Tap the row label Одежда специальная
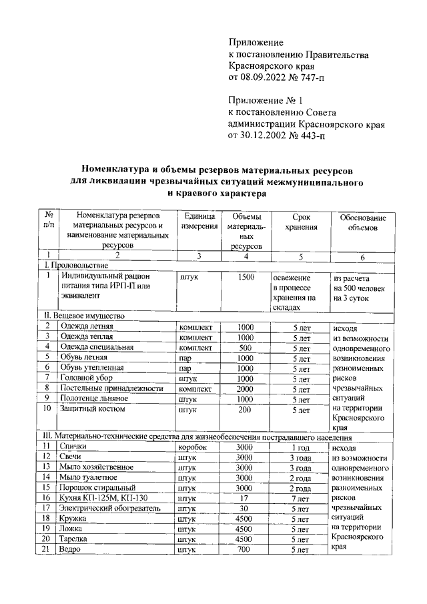click(x=97, y=347)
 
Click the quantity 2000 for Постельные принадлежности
click(x=246, y=388)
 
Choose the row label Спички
click(x=73, y=446)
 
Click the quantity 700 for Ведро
click(x=246, y=549)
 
